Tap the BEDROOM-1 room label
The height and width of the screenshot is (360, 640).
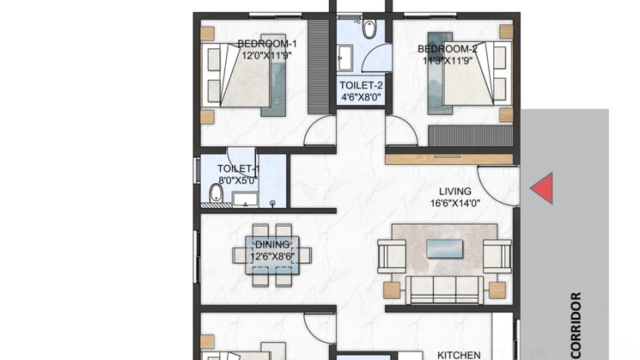coord(267,44)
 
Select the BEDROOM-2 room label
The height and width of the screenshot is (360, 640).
coord(448,49)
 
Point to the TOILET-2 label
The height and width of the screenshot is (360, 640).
coord(361,85)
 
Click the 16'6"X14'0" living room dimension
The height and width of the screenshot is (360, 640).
coord(455,203)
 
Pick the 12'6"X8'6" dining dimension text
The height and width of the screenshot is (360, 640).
coord(272,257)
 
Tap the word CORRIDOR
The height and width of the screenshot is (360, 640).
coord(576,325)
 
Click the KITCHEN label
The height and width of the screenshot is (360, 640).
coord(459,355)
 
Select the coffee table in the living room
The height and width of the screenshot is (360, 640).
coord(444,249)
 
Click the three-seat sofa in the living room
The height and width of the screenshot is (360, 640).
coord(444,290)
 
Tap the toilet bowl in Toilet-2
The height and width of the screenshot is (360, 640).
coord(369,28)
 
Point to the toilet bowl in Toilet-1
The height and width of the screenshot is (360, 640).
coord(216,193)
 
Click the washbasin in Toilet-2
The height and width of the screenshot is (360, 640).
coord(344,58)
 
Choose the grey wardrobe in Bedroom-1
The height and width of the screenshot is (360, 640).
coord(319,66)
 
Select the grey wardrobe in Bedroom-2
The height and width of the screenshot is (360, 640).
coord(471,136)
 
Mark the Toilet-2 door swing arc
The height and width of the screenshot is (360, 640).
coord(369,52)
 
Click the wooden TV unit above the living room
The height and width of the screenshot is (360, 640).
coord(449,159)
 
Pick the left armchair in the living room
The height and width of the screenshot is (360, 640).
coord(392,256)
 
